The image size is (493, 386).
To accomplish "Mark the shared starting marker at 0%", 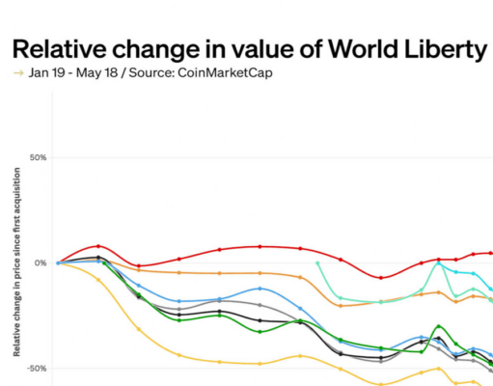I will [58, 262].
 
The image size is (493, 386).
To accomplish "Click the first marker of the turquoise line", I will [317, 262].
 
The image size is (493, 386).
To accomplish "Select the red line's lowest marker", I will [381, 278].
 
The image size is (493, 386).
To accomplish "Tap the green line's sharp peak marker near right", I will [440, 326].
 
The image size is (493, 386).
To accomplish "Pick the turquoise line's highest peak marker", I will [439, 262].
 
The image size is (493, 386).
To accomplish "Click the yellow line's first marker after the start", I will [98, 280].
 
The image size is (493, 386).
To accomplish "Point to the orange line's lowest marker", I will [341, 305].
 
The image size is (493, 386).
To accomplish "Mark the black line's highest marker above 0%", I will [98, 258].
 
